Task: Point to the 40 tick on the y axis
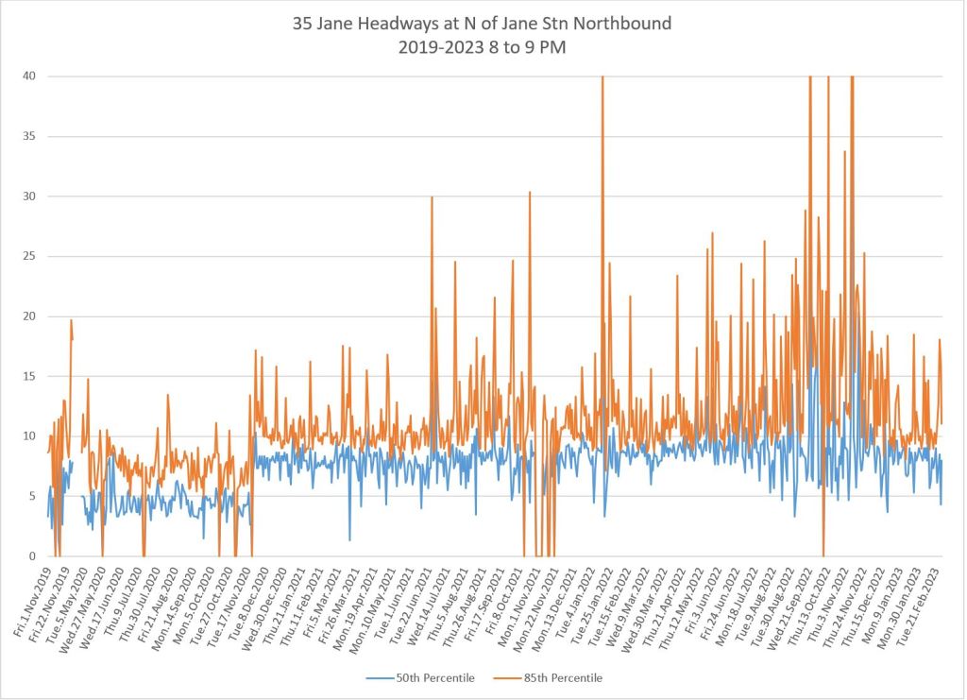[x=29, y=77]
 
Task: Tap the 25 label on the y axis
[x=29, y=257]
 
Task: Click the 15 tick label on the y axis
[x=29, y=377]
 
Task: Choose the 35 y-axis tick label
[x=29, y=136]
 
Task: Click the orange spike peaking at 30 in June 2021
[x=432, y=198]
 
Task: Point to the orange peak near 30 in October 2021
[x=530, y=194]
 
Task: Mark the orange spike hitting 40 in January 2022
[x=602, y=79]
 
